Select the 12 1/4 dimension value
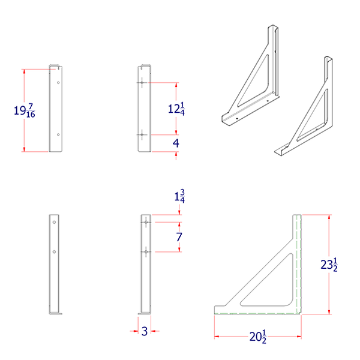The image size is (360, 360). click(176, 109)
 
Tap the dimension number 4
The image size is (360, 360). click(176, 143)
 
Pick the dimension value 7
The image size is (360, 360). click(178, 236)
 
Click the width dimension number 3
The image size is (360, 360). click(144, 331)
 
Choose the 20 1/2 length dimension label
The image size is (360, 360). click(259, 337)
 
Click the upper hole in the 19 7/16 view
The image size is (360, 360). click(58, 82)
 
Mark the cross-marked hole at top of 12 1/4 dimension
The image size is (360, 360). click(142, 82)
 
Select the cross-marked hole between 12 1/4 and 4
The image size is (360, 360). click(142, 135)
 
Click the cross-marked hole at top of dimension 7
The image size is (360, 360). click(145, 222)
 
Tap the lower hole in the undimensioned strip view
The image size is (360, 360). click(55, 252)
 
